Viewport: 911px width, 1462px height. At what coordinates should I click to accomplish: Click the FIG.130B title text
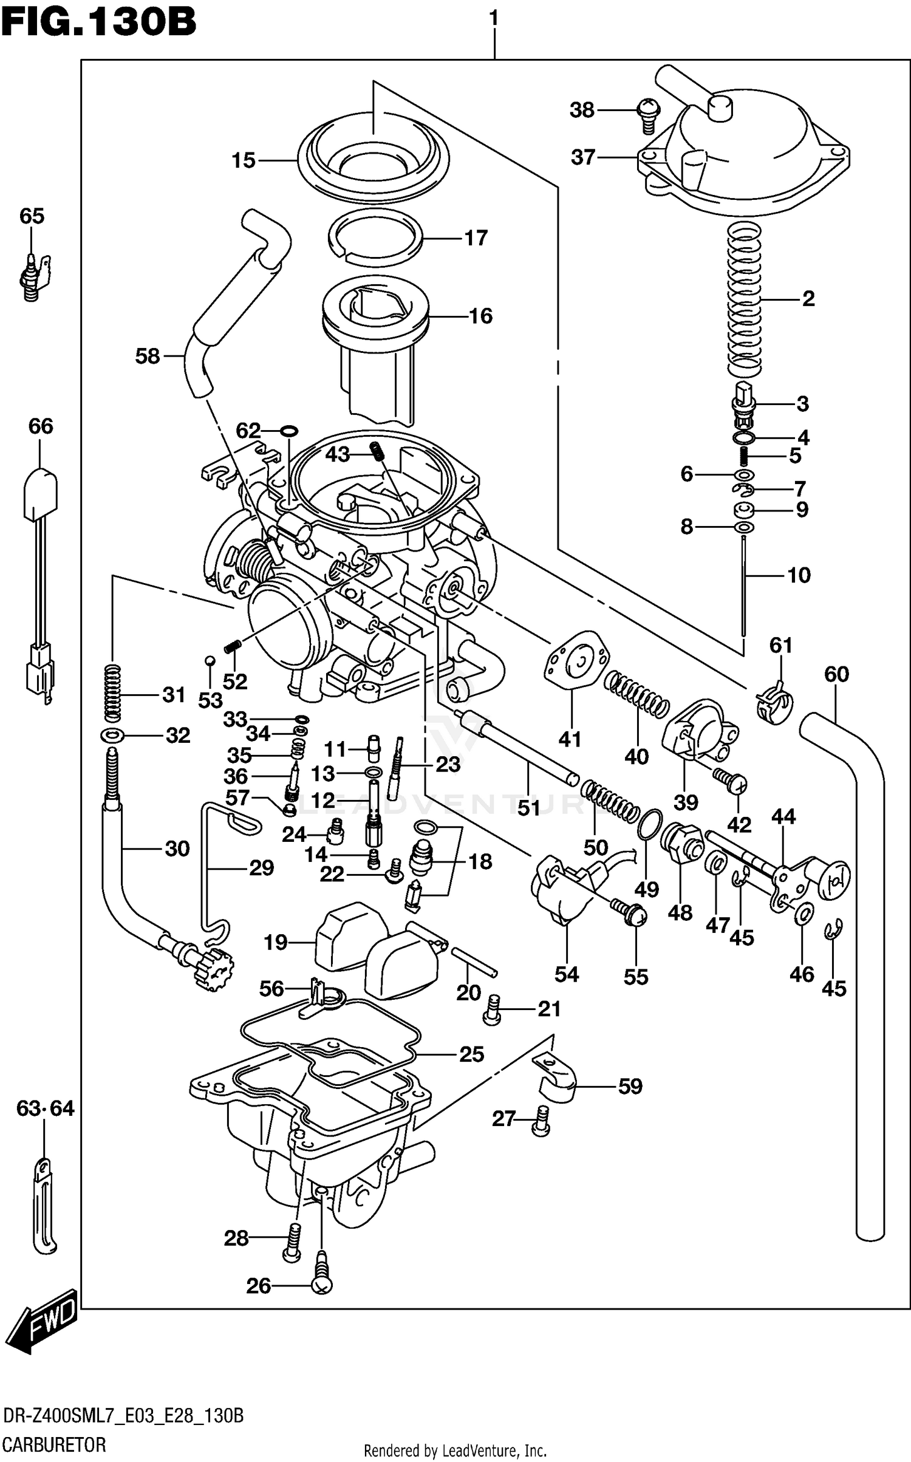98,22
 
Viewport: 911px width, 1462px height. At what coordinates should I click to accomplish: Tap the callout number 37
583,157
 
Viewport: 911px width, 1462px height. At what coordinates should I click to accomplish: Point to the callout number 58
147,357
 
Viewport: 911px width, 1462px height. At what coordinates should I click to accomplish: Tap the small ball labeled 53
209,660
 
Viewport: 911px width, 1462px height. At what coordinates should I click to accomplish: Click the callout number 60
836,674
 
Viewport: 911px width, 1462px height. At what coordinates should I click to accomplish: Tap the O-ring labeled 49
650,824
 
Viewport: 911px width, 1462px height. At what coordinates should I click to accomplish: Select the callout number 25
471,1054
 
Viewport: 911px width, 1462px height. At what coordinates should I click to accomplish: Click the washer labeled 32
113,736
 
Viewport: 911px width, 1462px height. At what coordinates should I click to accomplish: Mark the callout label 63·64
45,1109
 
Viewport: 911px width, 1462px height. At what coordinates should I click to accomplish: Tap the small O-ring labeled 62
288,431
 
